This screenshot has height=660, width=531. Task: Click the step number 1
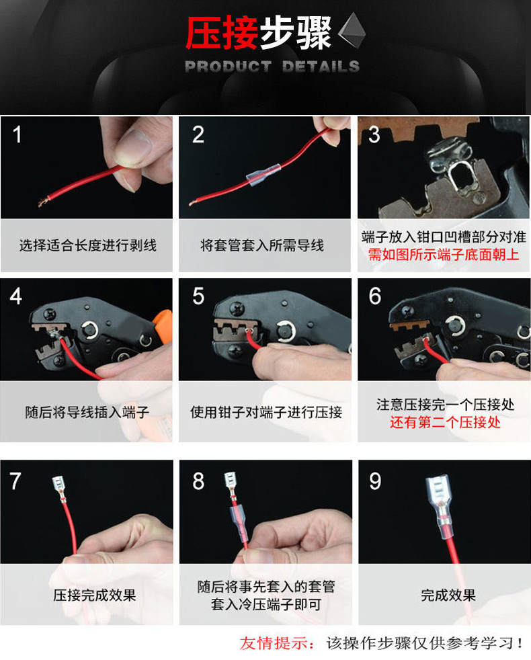[x=17, y=134]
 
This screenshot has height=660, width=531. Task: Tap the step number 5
[x=198, y=296]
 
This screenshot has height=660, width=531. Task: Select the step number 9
[x=375, y=481]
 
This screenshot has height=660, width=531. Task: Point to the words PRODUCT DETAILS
[x=272, y=66]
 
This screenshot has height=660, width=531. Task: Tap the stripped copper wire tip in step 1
[x=42, y=203]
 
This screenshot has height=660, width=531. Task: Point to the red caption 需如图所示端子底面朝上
[x=444, y=255]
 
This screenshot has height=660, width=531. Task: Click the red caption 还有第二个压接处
[x=445, y=422]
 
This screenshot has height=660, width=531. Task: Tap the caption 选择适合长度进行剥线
[x=88, y=245]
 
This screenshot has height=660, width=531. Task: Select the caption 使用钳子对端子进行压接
[x=265, y=412]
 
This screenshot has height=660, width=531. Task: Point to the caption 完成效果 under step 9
[x=448, y=595]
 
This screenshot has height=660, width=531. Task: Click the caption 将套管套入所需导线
[x=262, y=245]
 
